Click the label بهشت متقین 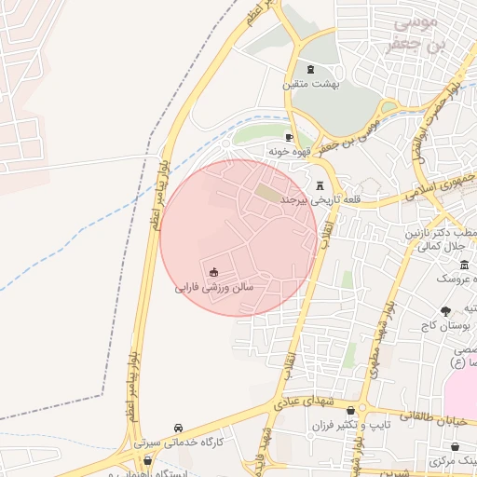pos(311,84)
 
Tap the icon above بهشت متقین pos(310,70)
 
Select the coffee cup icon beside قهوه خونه pos(290,138)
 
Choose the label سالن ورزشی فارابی pos(213,288)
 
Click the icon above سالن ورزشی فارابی pos(213,272)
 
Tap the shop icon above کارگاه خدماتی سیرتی pos(178,428)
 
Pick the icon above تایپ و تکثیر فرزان pos(350,410)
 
